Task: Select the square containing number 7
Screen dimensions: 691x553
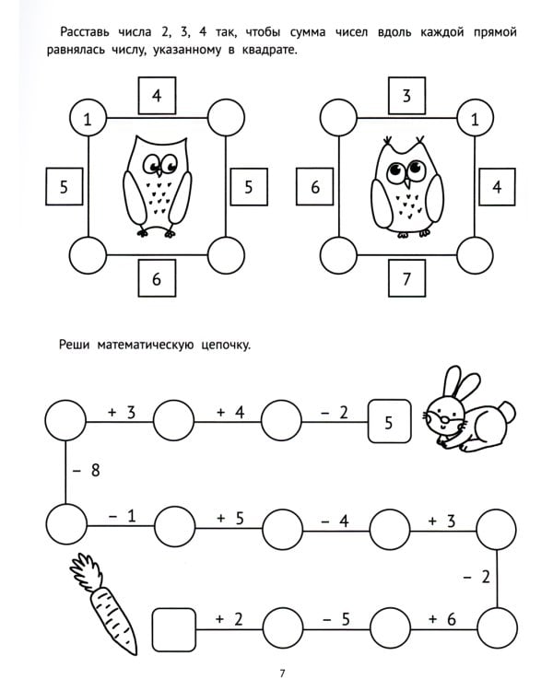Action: (406, 279)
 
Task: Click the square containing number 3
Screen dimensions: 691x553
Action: (406, 95)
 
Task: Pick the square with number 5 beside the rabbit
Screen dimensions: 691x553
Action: (388, 423)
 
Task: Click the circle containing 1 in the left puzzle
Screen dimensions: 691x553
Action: (88, 119)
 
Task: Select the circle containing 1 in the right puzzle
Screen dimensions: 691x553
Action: (475, 119)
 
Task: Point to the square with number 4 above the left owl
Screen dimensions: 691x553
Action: (157, 95)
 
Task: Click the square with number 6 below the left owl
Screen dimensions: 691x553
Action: (157, 279)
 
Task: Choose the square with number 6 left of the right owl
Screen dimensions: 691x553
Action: (314, 187)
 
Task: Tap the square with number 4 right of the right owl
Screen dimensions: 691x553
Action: (497, 187)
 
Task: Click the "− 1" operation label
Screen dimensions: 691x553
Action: (121, 517)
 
